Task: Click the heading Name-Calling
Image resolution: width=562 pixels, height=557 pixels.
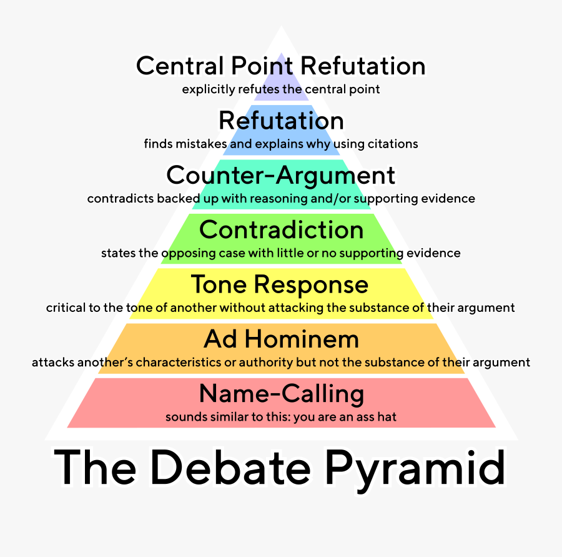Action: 281,394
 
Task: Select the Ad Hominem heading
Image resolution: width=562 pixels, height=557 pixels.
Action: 281,339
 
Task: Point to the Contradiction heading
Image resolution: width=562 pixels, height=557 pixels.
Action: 281,230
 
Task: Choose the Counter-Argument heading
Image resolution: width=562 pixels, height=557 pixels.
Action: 281,175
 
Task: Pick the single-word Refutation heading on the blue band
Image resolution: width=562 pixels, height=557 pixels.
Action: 281,121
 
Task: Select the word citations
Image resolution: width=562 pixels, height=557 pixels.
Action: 394,144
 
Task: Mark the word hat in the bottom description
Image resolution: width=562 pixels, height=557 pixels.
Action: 387,417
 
